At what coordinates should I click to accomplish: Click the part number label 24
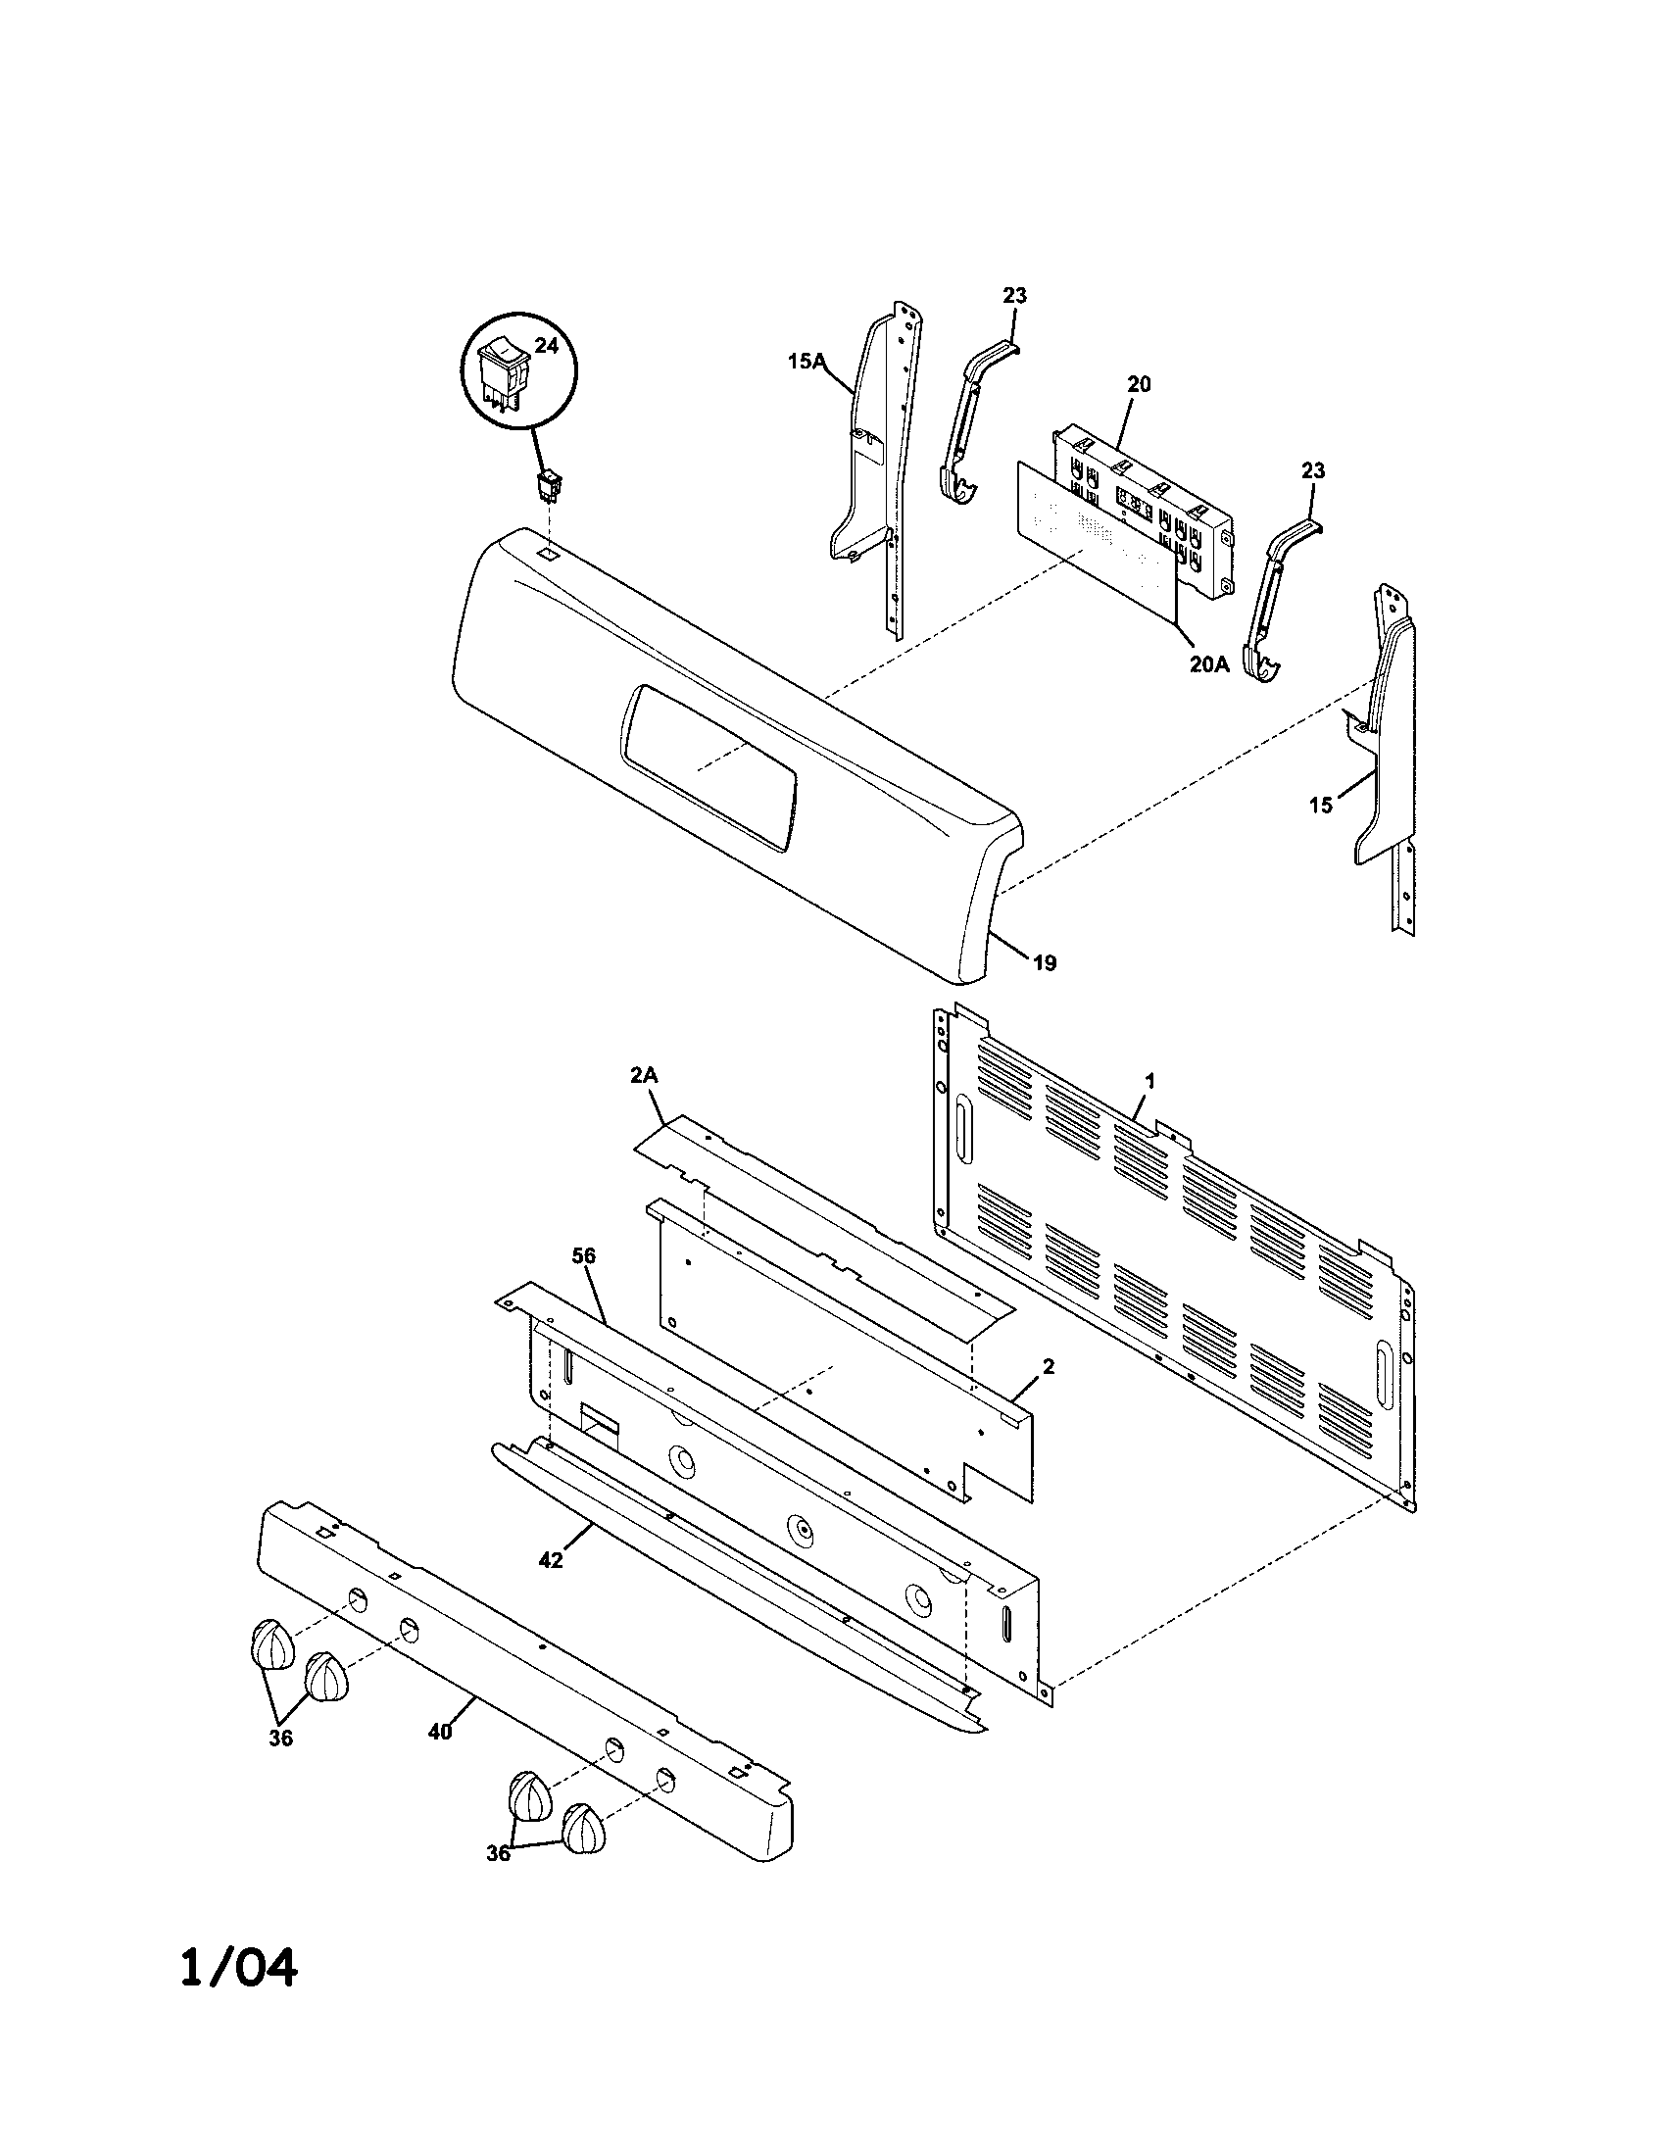545,345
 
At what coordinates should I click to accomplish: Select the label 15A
805,363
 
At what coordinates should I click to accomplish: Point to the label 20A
1208,664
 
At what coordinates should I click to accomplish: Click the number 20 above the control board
1138,385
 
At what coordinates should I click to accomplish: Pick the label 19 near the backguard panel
1045,962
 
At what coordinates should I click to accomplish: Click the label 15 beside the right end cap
1320,805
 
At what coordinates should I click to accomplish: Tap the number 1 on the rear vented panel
1149,1082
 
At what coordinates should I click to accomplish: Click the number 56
584,1255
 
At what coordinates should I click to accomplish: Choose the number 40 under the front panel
440,1731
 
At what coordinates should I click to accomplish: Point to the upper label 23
1014,295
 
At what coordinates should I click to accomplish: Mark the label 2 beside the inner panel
1049,1366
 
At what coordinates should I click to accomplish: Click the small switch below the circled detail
549,486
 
